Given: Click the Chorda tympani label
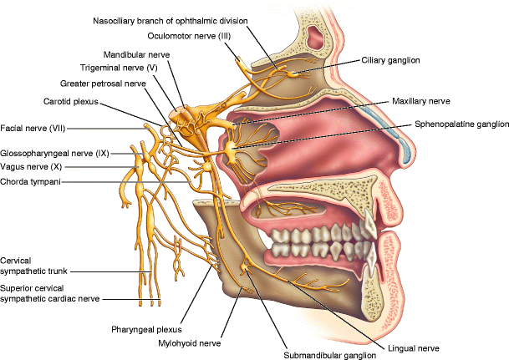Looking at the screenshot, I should pyautogui.click(x=30, y=181).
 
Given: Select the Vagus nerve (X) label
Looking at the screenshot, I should pyautogui.click(x=32, y=167).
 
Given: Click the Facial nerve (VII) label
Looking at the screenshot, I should pyautogui.click(x=33, y=128).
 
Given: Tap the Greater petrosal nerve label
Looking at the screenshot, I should pyautogui.click(x=103, y=84).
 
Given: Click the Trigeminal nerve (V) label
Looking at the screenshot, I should pyautogui.click(x=119, y=67).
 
